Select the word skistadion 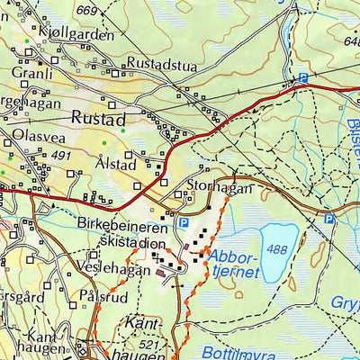133,244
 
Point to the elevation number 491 61,155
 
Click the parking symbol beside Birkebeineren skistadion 184,222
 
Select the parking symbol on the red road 303,79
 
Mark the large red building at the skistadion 162,272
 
